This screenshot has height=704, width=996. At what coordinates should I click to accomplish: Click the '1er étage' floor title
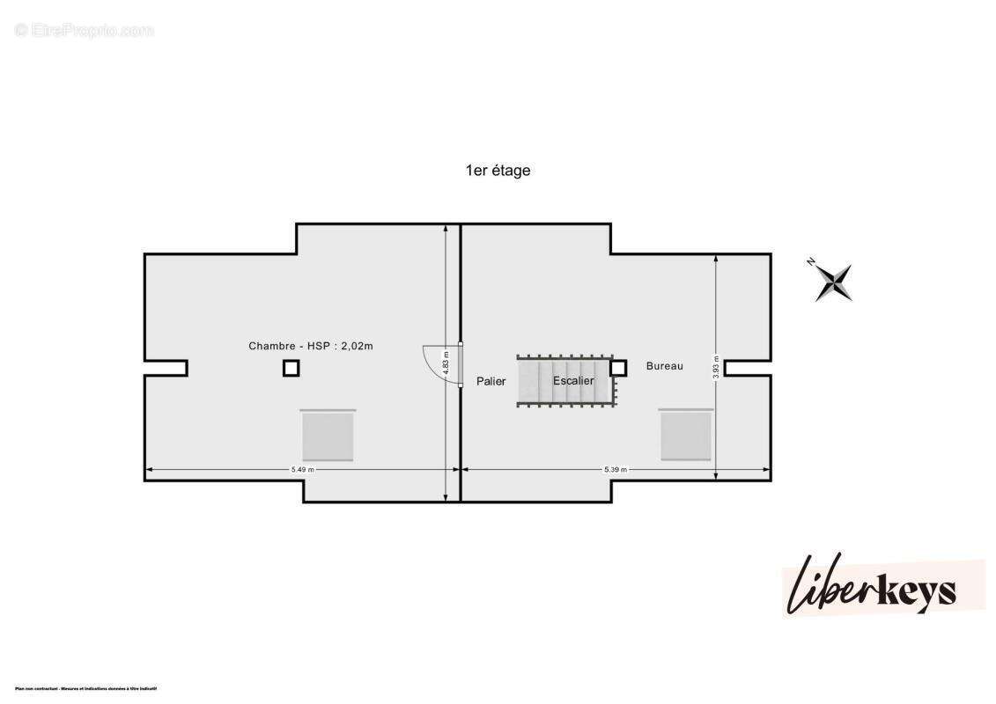tap(498, 171)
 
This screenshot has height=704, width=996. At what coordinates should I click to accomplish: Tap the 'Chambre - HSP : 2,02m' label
tap(310, 346)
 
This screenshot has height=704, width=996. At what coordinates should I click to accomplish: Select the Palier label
tap(491, 381)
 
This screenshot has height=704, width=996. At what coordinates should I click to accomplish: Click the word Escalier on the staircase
tap(573, 380)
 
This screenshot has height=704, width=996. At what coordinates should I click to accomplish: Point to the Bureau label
tap(664, 366)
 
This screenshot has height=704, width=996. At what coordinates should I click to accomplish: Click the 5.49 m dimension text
tap(302, 470)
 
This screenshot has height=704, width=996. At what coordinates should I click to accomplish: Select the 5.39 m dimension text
tap(615, 470)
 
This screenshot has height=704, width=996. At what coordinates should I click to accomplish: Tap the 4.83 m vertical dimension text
tap(446, 363)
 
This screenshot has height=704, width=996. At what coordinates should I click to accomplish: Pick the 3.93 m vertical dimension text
tap(716, 365)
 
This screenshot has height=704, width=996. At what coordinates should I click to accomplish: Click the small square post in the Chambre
tap(291, 368)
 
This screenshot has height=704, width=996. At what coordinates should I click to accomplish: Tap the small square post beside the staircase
tap(618, 368)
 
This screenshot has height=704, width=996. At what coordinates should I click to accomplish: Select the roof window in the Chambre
tap(328, 436)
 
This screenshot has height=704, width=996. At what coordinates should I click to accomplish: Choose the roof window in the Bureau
tap(686, 436)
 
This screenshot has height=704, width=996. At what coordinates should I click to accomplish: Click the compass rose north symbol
tap(833, 282)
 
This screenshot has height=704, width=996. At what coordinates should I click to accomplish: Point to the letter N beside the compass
tap(810, 262)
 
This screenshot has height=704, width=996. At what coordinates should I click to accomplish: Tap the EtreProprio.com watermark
tap(85, 31)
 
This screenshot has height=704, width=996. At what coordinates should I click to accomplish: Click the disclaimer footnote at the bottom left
tap(85, 688)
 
